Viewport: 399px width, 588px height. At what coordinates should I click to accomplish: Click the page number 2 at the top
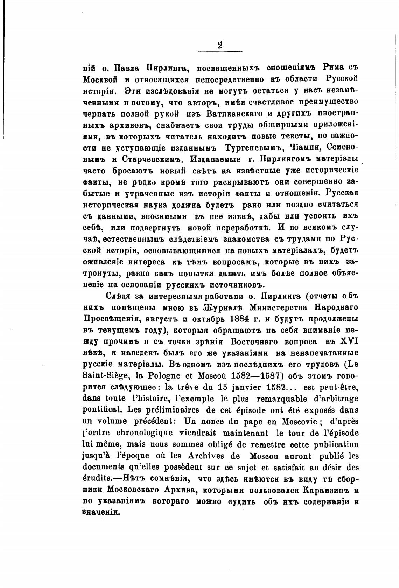click(x=220, y=46)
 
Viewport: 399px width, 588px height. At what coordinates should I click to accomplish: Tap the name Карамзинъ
click(x=325, y=490)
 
